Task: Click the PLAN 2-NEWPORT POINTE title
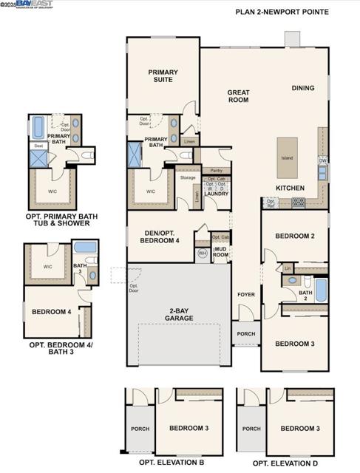tap(292, 12)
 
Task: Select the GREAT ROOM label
tap(238, 96)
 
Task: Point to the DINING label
tap(302, 88)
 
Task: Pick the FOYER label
tap(245, 295)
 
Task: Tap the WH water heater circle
tap(203, 253)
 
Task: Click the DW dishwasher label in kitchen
tap(322, 160)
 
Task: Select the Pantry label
tap(216, 170)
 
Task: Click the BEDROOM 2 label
tap(295, 236)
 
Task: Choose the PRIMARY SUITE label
tap(163, 77)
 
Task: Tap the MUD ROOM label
tap(220, 253)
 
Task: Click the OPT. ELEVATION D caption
tap(285, 463)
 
